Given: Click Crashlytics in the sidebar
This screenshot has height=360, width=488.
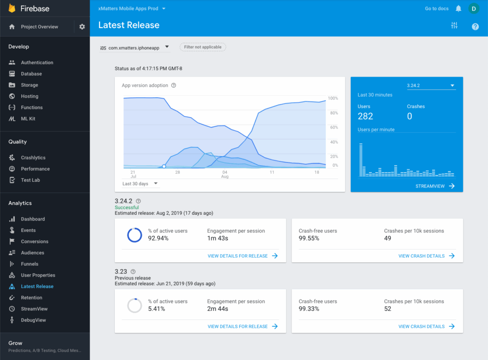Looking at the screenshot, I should pos(33,158).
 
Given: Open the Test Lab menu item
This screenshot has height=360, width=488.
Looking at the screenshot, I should pos(30,180).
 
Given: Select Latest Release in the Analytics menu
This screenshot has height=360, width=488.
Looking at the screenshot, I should pos(37,287).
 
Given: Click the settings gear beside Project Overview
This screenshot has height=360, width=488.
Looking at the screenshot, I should pos(82,27).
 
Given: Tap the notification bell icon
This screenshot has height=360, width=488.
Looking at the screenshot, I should pos(458,9).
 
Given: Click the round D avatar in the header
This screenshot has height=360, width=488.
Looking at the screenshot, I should pos(473,9).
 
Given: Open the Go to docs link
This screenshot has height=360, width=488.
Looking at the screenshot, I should pos(437,9).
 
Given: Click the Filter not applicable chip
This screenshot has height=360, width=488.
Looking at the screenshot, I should pos(203,47).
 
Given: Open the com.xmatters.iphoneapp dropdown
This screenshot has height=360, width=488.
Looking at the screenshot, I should pos(135,47).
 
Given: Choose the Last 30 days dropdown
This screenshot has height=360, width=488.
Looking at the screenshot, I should pos(140,184).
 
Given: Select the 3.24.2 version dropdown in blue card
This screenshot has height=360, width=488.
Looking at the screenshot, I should pos(431,86).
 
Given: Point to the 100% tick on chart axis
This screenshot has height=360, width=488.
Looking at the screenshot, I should pos(333,99).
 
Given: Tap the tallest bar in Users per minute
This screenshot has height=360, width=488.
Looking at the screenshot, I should pos(361,160).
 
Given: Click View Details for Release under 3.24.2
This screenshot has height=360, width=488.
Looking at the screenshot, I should pos(243,256).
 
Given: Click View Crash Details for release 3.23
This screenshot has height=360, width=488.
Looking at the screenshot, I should pos(426,327).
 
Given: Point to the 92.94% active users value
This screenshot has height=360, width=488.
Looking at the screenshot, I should pos(158,238).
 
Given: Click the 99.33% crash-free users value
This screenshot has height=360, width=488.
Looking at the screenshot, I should pos(309,309).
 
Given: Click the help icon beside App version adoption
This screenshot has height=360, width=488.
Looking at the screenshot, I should pos(173,86).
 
